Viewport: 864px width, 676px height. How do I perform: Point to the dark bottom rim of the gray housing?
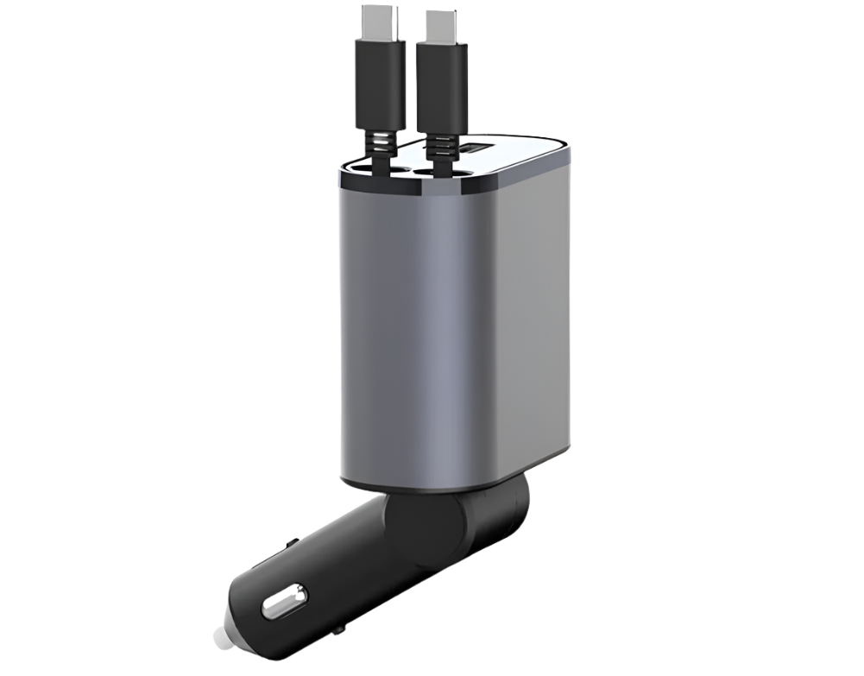coord(432,483)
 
